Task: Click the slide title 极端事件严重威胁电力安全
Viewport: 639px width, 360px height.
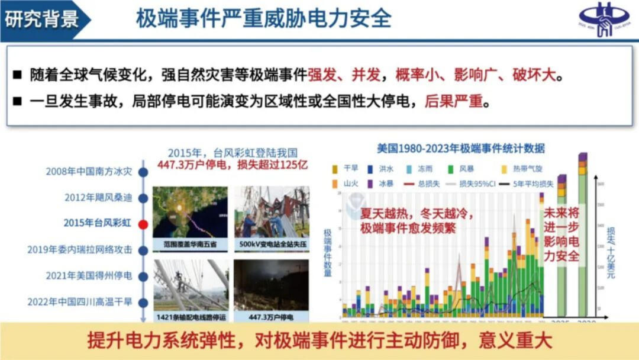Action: [x=264, y=18]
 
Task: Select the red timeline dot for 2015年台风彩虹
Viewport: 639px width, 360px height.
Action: [x=142, y=224]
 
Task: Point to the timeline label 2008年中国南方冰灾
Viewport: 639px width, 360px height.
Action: [x=88, y=172]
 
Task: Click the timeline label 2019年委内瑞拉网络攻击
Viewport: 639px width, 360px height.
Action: [x=79, y=249]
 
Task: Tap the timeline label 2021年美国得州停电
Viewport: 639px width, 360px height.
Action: [x=89, y=275]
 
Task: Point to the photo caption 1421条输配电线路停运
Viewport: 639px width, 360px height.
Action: [x=189, y=317]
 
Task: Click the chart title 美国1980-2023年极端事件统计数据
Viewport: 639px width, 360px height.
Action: [x=461, y=148]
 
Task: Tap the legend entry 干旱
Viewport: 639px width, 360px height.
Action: [x=347, y=169]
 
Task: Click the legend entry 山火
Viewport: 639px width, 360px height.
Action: [x=347, y=184]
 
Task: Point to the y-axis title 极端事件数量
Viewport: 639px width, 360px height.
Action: [x=328, y=252]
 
